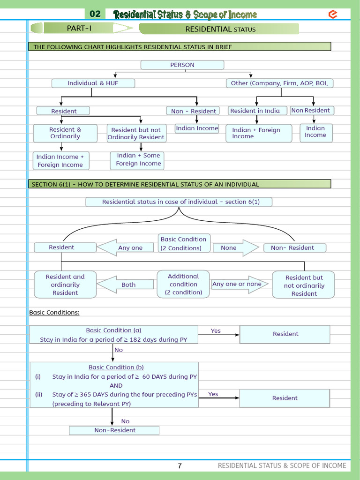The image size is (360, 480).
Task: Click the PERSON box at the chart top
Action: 182,65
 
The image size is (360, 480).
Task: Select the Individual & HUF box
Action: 93,83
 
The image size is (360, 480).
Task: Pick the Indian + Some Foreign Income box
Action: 138,159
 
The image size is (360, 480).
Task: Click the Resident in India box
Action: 255,111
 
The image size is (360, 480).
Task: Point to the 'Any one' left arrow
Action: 126,247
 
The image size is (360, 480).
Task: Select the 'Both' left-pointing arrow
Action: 126,285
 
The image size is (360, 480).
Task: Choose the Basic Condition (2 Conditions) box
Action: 183,243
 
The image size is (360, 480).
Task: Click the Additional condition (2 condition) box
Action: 183,284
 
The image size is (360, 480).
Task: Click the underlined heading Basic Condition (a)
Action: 113,330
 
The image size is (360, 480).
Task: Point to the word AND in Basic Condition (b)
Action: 116,385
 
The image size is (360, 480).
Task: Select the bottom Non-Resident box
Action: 114,430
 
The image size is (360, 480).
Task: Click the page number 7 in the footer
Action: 180,465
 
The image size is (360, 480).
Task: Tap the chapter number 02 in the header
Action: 95,14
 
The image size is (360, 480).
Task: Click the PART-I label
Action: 79,28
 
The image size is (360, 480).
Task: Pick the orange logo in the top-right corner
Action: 333,14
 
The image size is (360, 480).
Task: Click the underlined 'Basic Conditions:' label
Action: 54,312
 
